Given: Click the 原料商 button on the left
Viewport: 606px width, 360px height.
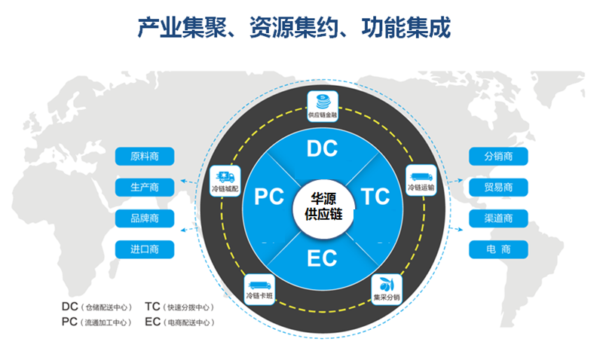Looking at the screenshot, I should pyautogui.click(x=145, y=157).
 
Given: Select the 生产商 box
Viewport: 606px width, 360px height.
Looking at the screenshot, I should pyautogui.click(x=145, y=187).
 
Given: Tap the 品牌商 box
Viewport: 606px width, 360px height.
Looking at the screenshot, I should pyautogui.click(x=145, y=218).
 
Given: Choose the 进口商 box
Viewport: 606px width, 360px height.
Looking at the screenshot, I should pyautogui.click(x=145, y=249).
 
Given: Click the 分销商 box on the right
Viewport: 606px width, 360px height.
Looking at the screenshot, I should pyautogui.click(x=498, y=157).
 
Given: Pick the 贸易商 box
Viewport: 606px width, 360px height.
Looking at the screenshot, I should pyautogui.click(x=498, y=188).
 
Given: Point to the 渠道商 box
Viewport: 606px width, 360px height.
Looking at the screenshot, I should pyautogui.click(x=498, y=218).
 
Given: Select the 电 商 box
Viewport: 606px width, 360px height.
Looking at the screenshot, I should pyautogui.click(x=498, y=249).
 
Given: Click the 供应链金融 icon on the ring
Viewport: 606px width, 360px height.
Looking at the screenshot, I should pyautogui.click(x=323, y=105).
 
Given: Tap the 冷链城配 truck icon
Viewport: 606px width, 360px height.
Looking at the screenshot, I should pyautogui.click(x=225, y=181).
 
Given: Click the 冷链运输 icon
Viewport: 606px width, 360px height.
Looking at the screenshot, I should pyautogui.click(x=421, y=178).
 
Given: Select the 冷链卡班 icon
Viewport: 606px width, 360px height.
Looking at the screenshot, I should pyautogui.click(x=259, y=288).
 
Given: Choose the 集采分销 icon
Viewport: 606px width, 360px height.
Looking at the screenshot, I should pyautogui.click(x=387, y=288).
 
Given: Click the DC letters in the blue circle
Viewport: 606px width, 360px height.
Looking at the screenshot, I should pyautogui.click(x=323, y=148).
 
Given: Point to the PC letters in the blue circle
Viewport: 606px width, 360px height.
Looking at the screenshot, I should pyautogui.click(x=269, y=197).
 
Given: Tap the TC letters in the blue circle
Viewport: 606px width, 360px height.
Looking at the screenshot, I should pyautogui.click(x=375, y=197).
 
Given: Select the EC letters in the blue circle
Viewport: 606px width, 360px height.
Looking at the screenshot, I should pyautogui.click(x=322, y=258).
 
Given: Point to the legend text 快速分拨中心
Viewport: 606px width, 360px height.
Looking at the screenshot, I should pyautogui.click(x=189, y=308).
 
